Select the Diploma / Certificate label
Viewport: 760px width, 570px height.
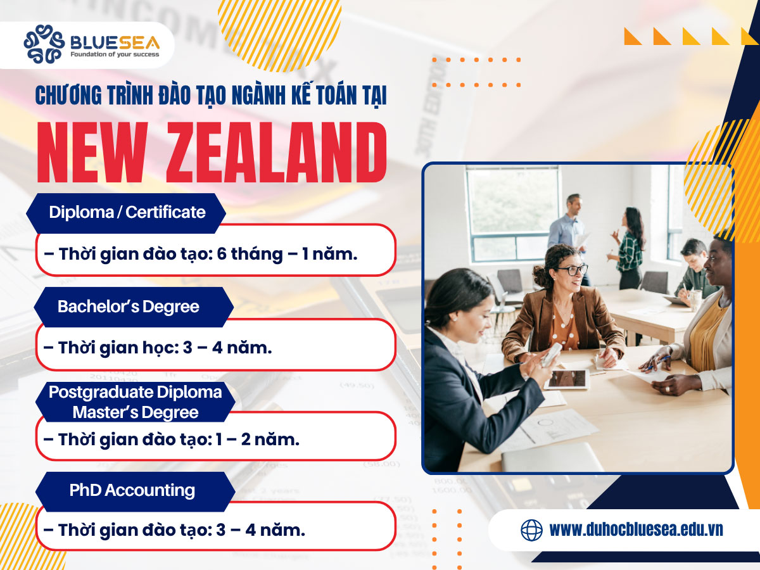tap(127, 212)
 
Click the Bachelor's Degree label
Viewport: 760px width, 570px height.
tap(128, 307)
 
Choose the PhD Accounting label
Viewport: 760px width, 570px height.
tap(132, 490)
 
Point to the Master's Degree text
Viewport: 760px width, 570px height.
tap(135, 412)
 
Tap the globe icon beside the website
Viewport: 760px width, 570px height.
tap(531, 529)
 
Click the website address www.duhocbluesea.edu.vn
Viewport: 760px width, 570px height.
tap(636, 529)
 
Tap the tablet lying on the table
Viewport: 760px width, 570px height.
tap(566, 379)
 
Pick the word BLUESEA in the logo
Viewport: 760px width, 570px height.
tap(115, 42)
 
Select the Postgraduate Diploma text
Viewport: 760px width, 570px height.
tap(135, 392)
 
